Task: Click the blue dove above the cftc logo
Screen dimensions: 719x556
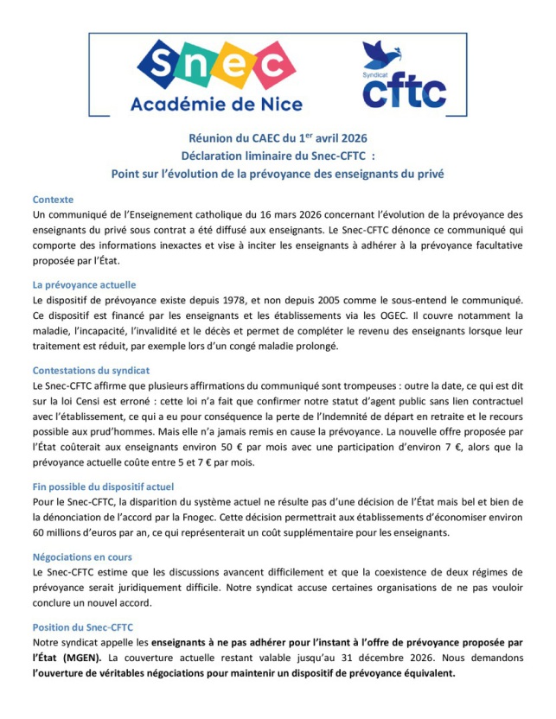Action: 380,54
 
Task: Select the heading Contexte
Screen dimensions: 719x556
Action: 53,199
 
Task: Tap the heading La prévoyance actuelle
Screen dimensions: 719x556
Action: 84,284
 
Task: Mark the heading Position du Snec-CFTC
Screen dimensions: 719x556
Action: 83,627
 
